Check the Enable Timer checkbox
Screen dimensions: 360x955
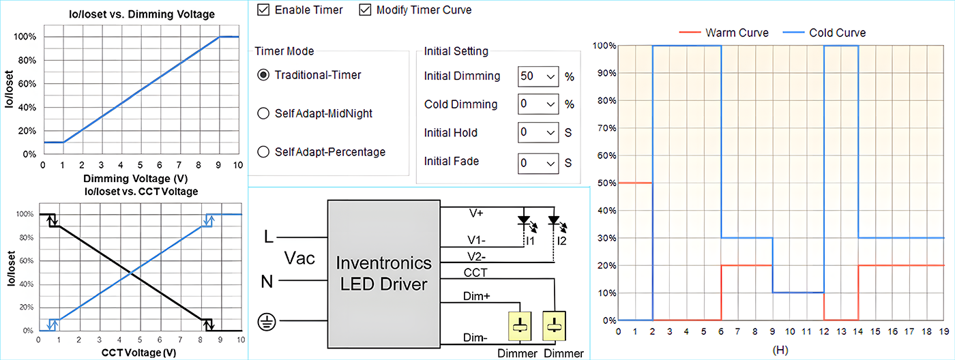point(263,10)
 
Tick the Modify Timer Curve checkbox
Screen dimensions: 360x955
point(365,10)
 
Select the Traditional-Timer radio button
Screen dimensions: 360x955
point(263,75)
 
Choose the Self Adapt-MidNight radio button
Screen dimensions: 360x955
point(263,114)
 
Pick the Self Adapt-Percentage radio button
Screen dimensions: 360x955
point(263,152)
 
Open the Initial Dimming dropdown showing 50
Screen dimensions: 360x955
point(538,76)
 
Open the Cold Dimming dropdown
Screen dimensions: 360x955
point(538,104)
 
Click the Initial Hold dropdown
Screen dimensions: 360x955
point(538,133)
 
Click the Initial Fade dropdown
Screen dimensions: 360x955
point(538,162)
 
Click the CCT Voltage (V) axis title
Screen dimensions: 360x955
point(139,352)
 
